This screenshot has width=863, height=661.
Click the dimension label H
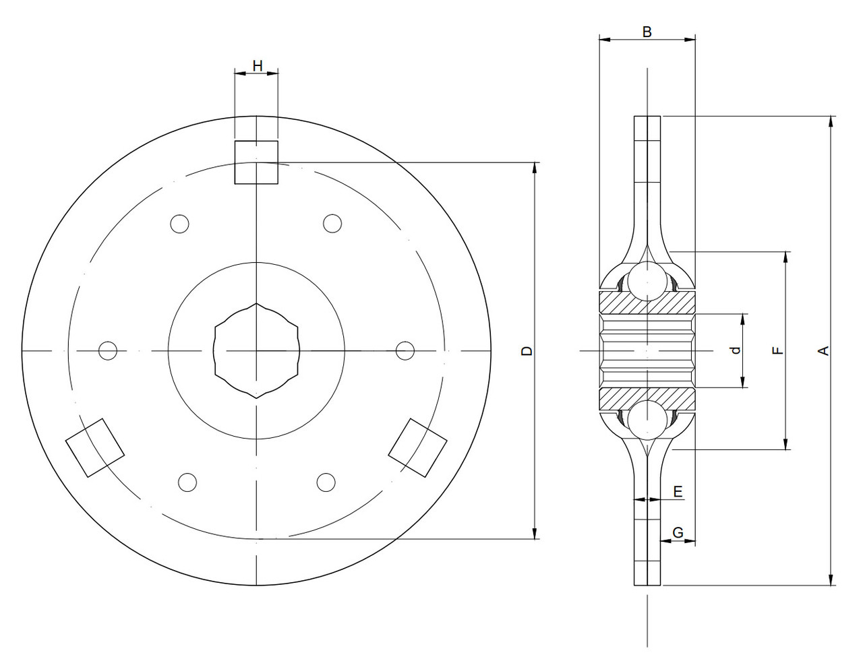pyautogui.click(x=257, y=65)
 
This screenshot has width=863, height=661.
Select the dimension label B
pyautogui.click(x=647, y=32)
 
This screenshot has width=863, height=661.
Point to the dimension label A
pyautogui.click(x=823, y=350)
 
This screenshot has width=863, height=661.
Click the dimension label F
pyautogui.click(x=777, y=350)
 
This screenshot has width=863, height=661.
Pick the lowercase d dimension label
pyautogui.click(x=736, y=350)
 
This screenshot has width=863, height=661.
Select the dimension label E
pyautogui.click(x=678, y=491)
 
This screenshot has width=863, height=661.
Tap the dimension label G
pyautogui.click(x=678, y=532)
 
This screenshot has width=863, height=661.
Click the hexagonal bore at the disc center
pyautogui.click(x=256, y=350)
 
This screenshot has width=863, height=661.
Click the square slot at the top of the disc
pyautogui.click(x=256, y=162)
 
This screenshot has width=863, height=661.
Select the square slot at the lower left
pyautogui.click(x=95, y=447)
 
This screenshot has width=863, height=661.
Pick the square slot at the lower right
pyautogui.click(x=418, y=447)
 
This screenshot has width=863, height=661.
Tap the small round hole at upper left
pyautogui.click(x=179, y=224)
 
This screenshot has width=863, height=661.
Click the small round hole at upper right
pyautogui.click(x=332, y=223)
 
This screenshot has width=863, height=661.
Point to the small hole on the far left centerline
pyautogui.click(x=108, y=350)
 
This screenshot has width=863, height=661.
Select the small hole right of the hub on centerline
pyautogui.click(x=405, y=350)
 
